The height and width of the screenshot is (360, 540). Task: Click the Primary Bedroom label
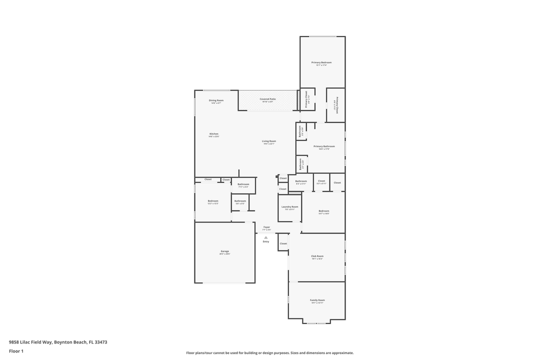coord(321,62)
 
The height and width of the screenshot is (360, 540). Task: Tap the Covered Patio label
coord(267,99)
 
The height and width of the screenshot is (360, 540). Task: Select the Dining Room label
coord(216,100)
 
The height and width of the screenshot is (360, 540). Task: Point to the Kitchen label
coord(214,134)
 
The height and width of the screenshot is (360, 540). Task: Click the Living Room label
coord(269,141)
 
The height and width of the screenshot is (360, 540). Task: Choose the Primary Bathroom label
coord(324,146)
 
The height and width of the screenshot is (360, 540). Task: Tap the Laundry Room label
coord(289,206)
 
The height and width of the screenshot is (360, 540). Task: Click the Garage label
coord(224,251)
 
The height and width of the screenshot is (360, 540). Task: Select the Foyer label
coord(266,227)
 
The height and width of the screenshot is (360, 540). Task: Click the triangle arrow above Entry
coord(266,237)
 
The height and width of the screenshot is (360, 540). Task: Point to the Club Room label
coord(317,256)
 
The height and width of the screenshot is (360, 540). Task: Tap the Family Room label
coord(317,300)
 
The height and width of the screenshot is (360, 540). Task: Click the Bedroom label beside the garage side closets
coord(213,201)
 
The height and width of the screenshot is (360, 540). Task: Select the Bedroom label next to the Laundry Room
coord(324,211)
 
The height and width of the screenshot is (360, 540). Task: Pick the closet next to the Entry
coord(283,243)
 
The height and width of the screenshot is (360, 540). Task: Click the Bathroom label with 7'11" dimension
coord(243,184)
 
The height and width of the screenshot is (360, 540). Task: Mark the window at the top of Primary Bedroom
coord(322,36)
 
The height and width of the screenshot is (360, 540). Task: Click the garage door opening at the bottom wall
coord(224,283)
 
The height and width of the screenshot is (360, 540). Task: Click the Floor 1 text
coord(16,351)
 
